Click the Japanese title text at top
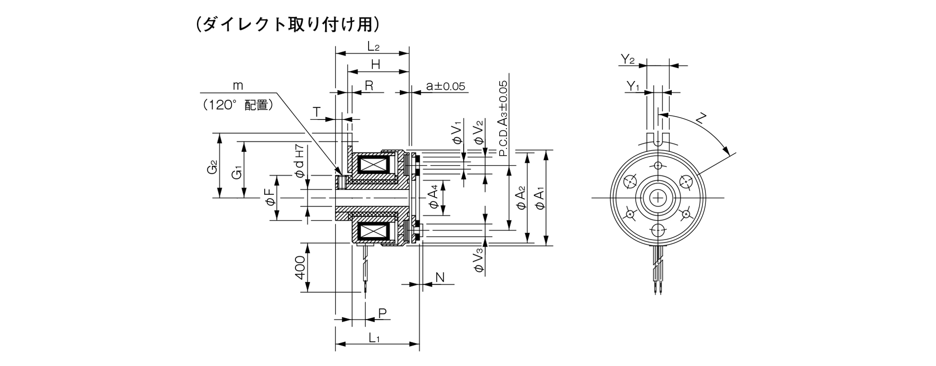click(287, 25)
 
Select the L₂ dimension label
click(373, 47)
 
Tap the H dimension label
click(376, 64)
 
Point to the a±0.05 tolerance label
click(446, 86)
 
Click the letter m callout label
click(237, 86)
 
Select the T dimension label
click(317, 113)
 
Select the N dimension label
click(440, 278)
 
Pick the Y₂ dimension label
click(628, 60)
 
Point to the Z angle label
click(702, 119)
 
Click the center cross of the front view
click(659, 198)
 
